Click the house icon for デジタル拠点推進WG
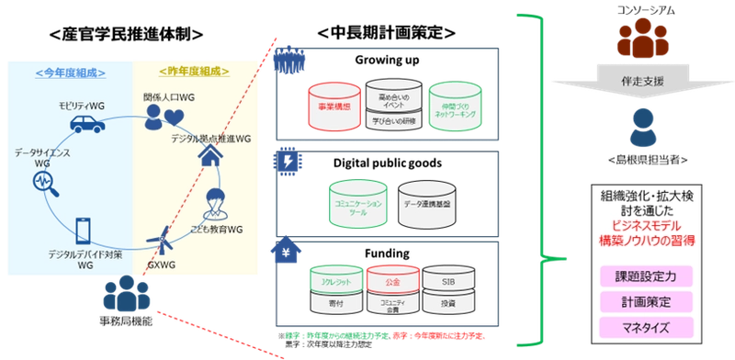(x=210, y=161)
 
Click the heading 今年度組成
(x=69, y=72)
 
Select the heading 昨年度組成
(x=194, y=72)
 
